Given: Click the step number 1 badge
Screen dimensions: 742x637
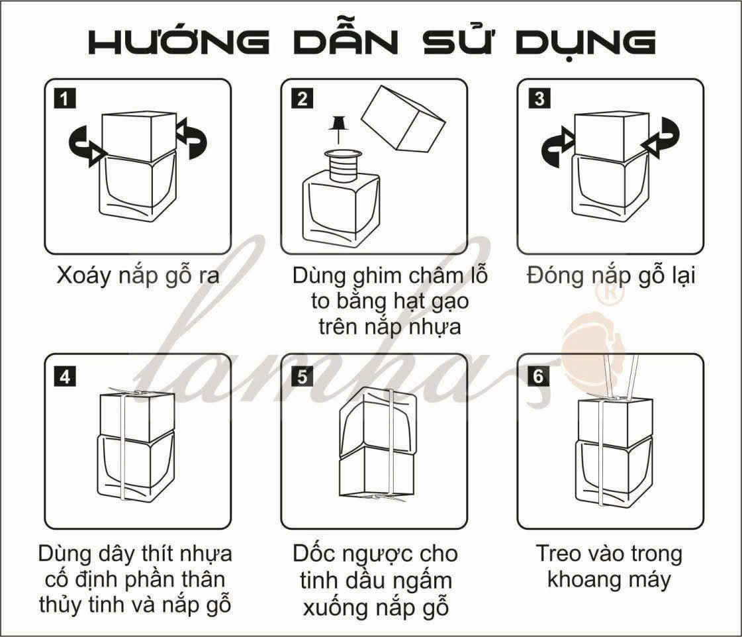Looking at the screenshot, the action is point(65,99).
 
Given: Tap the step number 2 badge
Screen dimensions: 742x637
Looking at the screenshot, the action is point(302,99).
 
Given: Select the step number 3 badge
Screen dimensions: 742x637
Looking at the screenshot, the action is point(539,99).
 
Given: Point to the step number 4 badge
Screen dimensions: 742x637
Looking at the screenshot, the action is point(65,377).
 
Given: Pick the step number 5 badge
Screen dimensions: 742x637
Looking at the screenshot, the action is point(302,377).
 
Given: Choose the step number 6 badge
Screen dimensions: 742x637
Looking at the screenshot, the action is point(539,377).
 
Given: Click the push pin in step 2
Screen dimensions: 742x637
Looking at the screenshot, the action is point(338,128).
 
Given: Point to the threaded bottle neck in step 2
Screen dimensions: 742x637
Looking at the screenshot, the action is point(343,166).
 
